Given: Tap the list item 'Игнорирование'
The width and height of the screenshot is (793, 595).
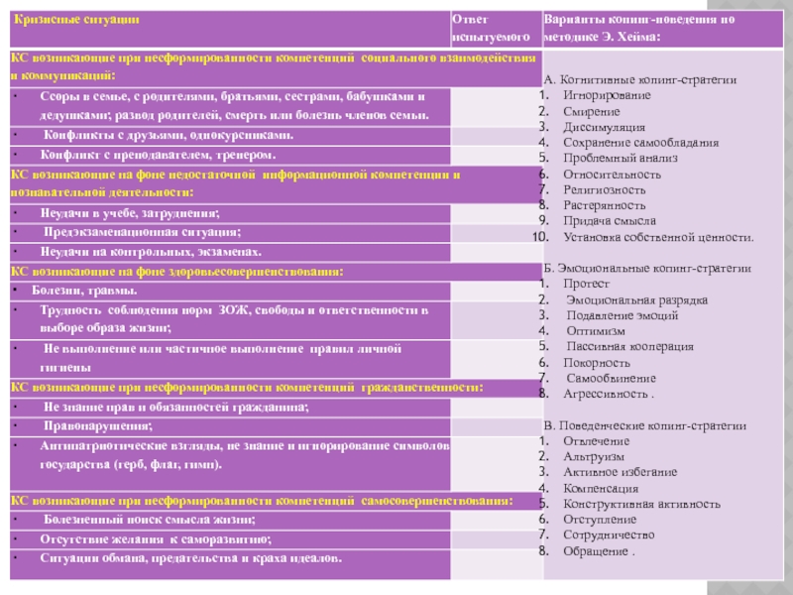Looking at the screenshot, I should (x=607, y=95).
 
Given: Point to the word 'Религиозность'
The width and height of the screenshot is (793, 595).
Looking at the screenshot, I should (x=604, y=189).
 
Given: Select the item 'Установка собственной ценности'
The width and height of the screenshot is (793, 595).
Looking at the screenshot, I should (x=658, y=237).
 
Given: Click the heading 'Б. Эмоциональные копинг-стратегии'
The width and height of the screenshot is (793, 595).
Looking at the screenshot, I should (x=647, y=269).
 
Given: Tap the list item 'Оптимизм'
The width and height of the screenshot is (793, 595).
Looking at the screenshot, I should (x=596, y=331).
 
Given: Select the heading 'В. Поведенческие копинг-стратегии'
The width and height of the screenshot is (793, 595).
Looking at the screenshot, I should (x=647, y=424).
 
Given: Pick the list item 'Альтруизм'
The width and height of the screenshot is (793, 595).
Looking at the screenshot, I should (x=593, y=456).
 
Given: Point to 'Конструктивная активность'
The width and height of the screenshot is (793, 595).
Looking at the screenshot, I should (x=640, y=504).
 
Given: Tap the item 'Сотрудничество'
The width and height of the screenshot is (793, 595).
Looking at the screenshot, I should (x=609, y=535).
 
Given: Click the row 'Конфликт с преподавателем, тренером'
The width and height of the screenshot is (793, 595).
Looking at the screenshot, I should (x=159, y=156).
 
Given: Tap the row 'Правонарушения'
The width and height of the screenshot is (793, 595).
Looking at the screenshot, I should (x=98, y=426).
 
